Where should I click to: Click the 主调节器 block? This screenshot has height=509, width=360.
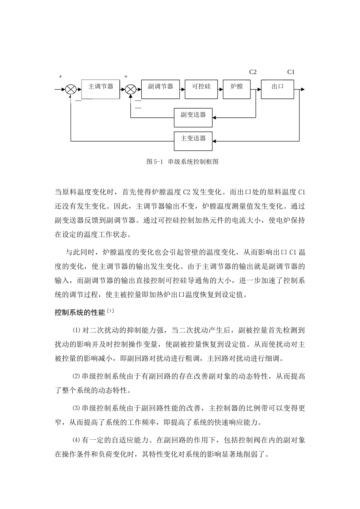coord(100,89)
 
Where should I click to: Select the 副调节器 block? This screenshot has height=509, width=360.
coord(160,89)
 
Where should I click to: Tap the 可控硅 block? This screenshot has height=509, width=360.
coord(201,89)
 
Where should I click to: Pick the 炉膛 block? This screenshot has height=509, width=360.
coord(237,89)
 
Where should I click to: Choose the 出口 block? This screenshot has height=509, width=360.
coord(278,89)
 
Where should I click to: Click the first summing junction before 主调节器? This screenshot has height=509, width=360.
coord(71,90)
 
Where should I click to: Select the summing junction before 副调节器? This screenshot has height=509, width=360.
coord(131,90)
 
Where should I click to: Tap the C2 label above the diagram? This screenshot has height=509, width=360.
coord(253,72)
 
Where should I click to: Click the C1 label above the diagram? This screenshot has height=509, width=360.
coord(291,72)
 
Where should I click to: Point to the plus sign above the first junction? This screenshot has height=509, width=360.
coord(60,77)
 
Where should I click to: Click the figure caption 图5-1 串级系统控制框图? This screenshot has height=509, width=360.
coord(182,162)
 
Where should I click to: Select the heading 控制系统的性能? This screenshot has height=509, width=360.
coord(80,313)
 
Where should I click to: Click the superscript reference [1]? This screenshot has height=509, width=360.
coord(110,311)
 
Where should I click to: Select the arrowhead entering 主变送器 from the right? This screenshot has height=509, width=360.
coord(214,141)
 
